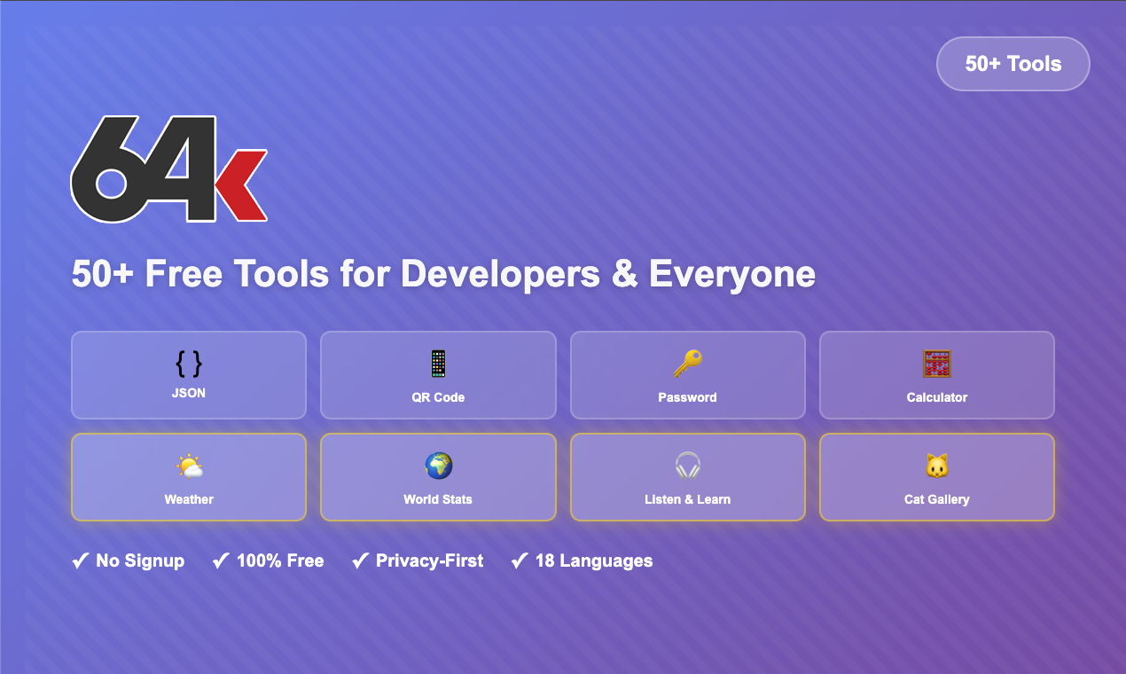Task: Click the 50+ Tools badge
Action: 1013,64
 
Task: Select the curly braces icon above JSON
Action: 188,364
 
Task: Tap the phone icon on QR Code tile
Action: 438,364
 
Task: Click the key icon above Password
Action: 687,364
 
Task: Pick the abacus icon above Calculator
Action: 936,364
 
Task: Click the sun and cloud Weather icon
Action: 189,466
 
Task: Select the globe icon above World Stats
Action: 438,466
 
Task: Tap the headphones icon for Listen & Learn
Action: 687,466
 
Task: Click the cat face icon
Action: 936,466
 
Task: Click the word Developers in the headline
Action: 500,274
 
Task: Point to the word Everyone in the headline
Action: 731,274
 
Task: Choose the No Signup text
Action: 140,560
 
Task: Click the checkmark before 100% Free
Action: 221,560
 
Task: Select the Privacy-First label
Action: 429,560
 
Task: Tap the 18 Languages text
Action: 593,560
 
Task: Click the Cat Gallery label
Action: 936,499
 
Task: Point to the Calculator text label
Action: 936,397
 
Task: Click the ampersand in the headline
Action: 624,274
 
